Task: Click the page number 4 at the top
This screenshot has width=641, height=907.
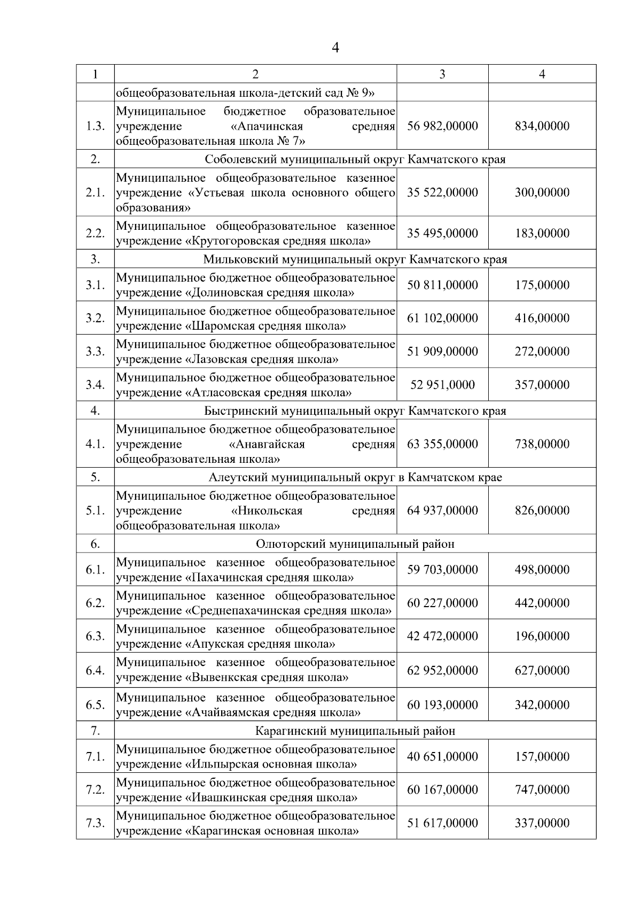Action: (x=335, y=48)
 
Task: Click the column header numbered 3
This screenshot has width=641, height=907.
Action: (x=442, y=74)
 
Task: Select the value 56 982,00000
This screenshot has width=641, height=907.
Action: (x=442, y=126)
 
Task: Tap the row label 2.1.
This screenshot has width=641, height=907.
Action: (x=95, y=192)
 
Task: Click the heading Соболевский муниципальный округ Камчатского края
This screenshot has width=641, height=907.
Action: (x=355, y=159)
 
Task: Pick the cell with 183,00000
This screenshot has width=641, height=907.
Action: (x=542, y=233)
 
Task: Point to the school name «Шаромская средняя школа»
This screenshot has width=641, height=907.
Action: (x=265, y=326)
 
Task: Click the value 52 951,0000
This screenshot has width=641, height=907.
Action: (x=442, y=385)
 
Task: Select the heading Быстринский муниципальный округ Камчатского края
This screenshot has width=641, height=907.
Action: (x=355, y=411)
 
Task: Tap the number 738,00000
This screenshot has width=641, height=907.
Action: (x=542, y=444)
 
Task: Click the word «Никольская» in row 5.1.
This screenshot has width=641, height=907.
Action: (x=267, y=511)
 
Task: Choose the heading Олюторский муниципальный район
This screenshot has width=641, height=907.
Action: (x=355, y=544)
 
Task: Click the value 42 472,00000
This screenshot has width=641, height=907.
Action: (x=442, y=637)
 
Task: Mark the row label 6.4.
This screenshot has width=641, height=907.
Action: (x=95, y=670)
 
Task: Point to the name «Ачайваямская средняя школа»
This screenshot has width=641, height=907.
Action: (x=272, y=713)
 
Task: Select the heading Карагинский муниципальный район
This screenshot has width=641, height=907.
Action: (x=355, y=731)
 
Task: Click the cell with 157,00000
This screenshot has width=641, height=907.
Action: (x=542, y=757)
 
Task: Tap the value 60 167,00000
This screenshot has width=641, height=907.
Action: (x=442, y=790)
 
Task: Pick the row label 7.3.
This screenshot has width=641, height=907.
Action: (x=95, y=823)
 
